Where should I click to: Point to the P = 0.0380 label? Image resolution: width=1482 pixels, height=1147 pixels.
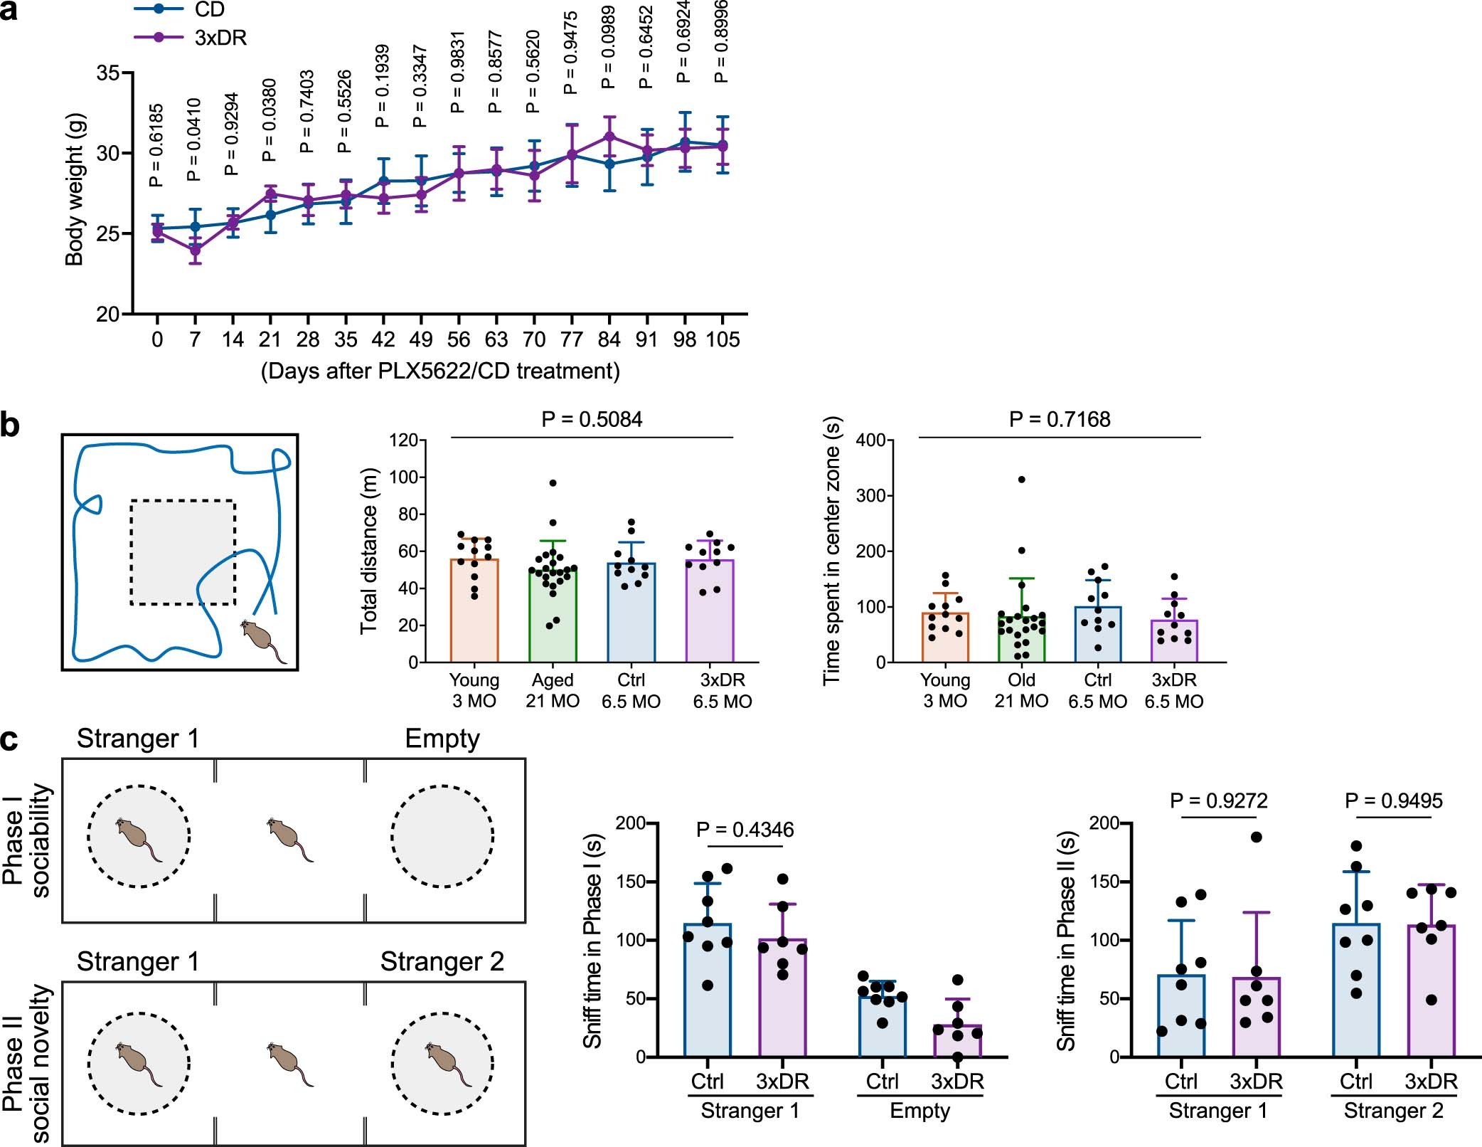(269, 120)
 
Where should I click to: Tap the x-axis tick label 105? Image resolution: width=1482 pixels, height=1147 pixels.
(723, 339)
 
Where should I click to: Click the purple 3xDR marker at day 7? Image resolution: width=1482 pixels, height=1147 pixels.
(195, 250)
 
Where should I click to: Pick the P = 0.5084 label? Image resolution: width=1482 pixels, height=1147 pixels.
(592, 420)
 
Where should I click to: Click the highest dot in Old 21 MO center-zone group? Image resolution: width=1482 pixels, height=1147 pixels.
(1021, 480)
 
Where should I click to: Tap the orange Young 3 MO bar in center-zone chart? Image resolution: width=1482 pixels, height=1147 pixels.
(945, 638)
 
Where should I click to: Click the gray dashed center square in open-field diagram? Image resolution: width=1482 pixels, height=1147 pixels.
(183, 553)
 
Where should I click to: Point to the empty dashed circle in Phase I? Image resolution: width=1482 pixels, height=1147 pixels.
(442, 836)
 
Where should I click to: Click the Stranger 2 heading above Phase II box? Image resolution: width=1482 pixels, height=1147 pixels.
(442, 961)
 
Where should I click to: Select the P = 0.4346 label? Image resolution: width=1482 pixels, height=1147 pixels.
(745, 830)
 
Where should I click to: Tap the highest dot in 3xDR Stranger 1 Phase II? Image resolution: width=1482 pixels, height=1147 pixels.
(1256, 837)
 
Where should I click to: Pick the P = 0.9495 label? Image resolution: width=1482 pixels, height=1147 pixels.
(1393, 801)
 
